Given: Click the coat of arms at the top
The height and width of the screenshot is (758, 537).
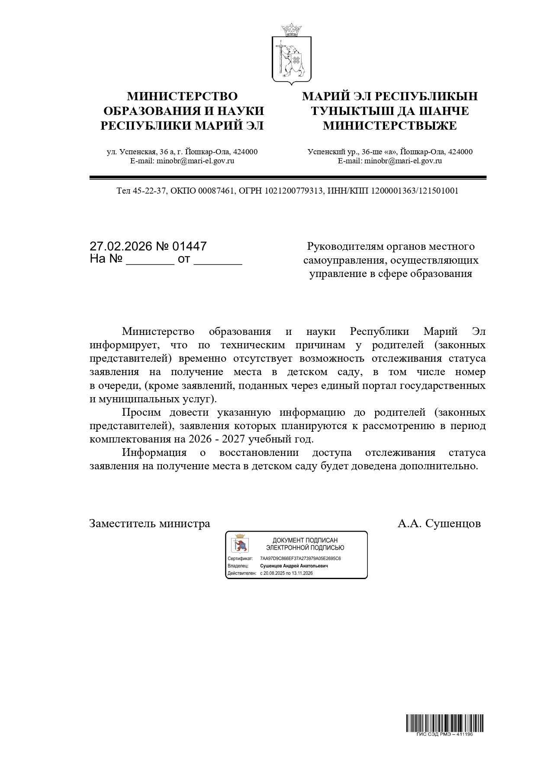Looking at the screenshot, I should (x=292, y=54).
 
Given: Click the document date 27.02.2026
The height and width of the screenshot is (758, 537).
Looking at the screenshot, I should (x=121, y=246).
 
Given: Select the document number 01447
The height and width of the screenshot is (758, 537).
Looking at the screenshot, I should (x=190, y=246).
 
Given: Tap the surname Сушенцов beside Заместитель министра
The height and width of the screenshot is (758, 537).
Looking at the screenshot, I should (x=453, y=523).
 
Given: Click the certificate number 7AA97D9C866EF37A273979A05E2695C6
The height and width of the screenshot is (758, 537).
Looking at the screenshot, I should (x=300, y=558).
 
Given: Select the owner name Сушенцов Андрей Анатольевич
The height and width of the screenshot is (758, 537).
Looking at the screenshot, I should (x=294, y=566).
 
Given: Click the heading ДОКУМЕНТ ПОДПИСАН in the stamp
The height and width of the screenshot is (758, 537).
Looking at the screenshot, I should (x=305, y=540).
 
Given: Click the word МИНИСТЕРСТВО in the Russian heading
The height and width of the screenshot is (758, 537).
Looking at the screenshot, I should (x=182, y=96).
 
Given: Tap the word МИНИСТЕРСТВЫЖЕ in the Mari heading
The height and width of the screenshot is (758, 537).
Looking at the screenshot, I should (x=389, y=126).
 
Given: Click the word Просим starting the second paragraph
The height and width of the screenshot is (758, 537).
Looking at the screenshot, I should (x=141, y=412).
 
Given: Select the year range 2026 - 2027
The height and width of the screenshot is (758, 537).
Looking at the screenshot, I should (x=213, y=439).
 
